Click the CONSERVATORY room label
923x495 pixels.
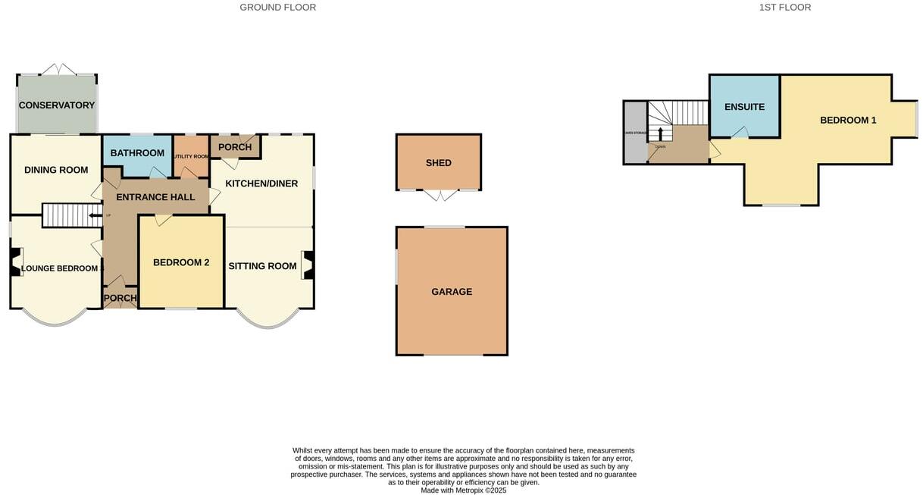pyautogui.click(x=57, y=105)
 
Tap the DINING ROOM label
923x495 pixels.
pyautogui.click(x=57, y=170)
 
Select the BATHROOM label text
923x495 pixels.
pyautogui.click(x=137, y=153)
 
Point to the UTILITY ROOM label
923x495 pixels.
pyautogui.click(x=191, y=157)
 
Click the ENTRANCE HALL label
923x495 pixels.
pyautogui.click(x=155, y=197)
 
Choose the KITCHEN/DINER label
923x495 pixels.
pyautogui.click(x=261, y=183)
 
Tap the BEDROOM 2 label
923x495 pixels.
pyautogui.click(x=181, y=263)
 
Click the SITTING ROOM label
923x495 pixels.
pyautogui.click(x=262, y=266)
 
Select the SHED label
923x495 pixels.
pyautogui.click(x=439, y=163)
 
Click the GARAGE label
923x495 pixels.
pyautogui.click(x=452, y=292)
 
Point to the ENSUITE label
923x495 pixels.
pyautogui.click(x=744, y=107)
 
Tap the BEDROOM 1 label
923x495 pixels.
pyautogui.click(x=848, y=121)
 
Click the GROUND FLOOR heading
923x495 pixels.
pyautogui.click(x=277, y=8)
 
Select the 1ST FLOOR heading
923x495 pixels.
pyautogui.click(x=785, y=8)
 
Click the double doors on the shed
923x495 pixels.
pyautogui.click(x=439, y=196)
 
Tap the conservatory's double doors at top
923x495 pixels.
pyautogui.click(x=58, y=69)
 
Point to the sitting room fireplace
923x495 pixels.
pyautogui.click(x=308, y=265)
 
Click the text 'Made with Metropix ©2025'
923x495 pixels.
pyautogui.click(x=464, y=490)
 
